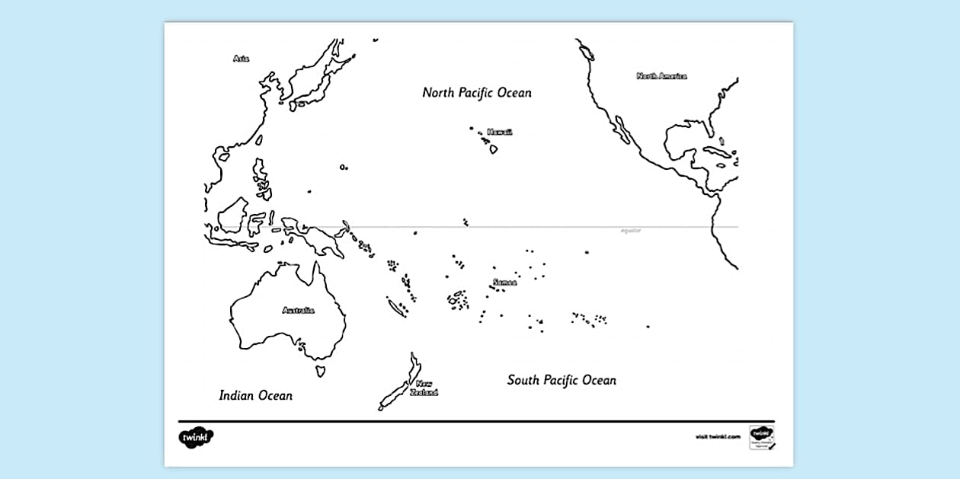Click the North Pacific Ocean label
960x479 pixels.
(477, 93)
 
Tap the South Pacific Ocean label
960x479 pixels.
(562, 380)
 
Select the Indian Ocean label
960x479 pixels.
(255, 395)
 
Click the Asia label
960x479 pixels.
(241, 58)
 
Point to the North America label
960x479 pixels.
(661, 76)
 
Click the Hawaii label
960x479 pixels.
(500, 132)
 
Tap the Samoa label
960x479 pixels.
(504, 283)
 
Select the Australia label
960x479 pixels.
(298, 310)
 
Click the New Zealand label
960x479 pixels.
(424, 388)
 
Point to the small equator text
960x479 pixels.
(631, 231)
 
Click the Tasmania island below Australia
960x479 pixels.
(322, 371)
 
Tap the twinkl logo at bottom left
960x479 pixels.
(196, 437)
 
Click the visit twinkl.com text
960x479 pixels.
(718, 437)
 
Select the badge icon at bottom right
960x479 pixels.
(762, 437)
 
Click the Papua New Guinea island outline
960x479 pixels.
(320, 240)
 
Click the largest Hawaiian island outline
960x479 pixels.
(493, 149)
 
